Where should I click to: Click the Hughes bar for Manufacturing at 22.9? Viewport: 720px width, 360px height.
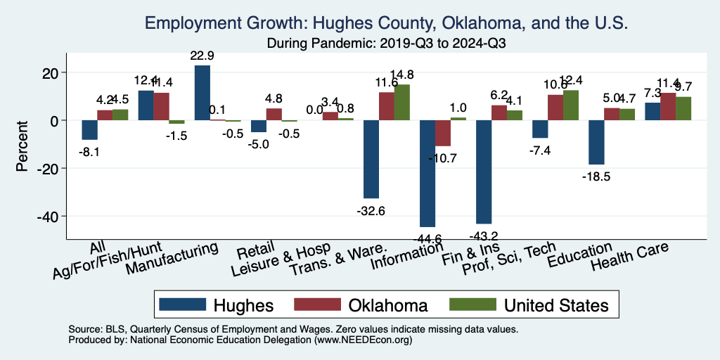tap(202, 93)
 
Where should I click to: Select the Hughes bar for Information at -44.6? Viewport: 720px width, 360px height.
tap(427, 173)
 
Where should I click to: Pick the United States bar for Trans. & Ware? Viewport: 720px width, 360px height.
tap(402, 103)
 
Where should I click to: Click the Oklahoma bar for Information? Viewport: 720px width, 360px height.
tap(443, 133)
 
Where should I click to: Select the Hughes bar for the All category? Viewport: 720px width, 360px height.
tap(89, 130)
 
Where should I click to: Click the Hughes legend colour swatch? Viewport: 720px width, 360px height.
tap(183, 304)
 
